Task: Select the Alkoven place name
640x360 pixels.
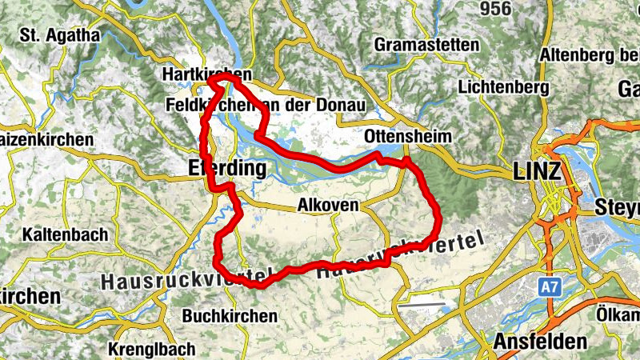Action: (327, 205)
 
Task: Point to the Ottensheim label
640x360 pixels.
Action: (407, 136)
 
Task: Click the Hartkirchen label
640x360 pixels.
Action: (196, 73)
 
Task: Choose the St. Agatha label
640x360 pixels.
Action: (61, 35)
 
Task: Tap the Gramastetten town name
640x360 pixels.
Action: (426, 44)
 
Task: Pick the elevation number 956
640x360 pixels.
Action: (494, 9)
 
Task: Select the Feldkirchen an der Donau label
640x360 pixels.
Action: (265, 106)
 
